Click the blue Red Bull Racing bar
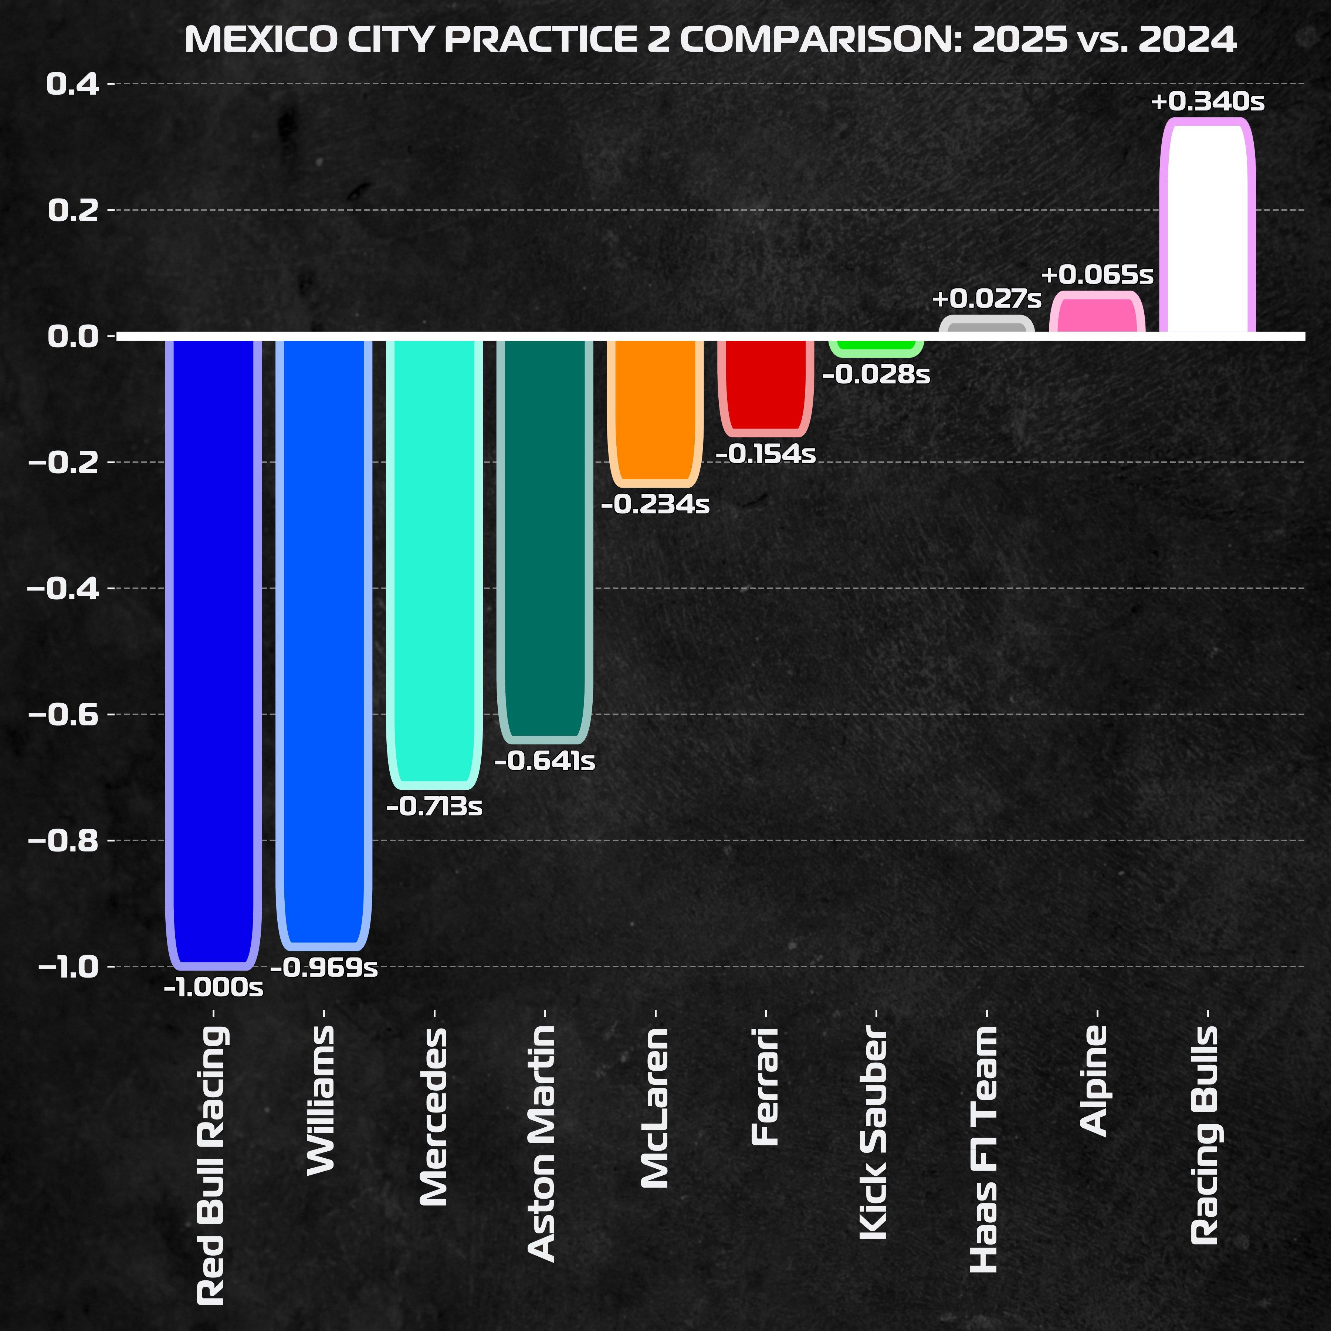pos(214,651)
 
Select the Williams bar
pos(324,641)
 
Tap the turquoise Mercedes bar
pos(434,562)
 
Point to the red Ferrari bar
pos(765,386)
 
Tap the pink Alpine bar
pos(1097,314)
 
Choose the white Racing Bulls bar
pos(1207,227)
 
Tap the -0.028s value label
pos(876,375)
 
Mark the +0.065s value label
pos(1097,275)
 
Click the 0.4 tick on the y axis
pos(72,84)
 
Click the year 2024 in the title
pos(1187,39)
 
